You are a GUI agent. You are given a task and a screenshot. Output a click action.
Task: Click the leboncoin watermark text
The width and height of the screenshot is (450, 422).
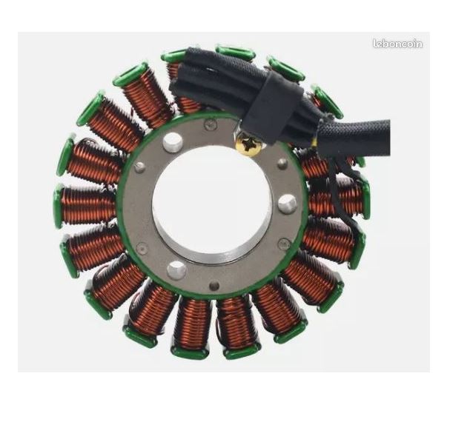tap(398, 44)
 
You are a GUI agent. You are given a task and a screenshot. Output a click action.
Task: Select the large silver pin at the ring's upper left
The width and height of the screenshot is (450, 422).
tap(173, 141)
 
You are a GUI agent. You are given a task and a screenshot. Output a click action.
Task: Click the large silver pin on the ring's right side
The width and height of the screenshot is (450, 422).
tap(287, 204)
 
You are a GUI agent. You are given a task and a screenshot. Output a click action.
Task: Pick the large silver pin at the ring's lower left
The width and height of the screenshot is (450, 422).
tap(176, 269)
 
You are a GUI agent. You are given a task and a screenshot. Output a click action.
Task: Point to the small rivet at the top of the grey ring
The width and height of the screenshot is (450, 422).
tap(210, 124)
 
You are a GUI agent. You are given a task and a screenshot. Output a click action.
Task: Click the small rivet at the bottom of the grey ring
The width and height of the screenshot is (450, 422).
tap(214, 286)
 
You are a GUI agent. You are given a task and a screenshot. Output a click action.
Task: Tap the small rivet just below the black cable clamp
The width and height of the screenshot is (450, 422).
tap(282, 164)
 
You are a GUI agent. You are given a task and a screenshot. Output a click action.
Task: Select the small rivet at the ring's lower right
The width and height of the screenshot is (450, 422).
tap(284, 244)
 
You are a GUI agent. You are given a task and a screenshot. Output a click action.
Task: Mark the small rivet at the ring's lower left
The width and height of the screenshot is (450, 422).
tap(142, 247)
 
